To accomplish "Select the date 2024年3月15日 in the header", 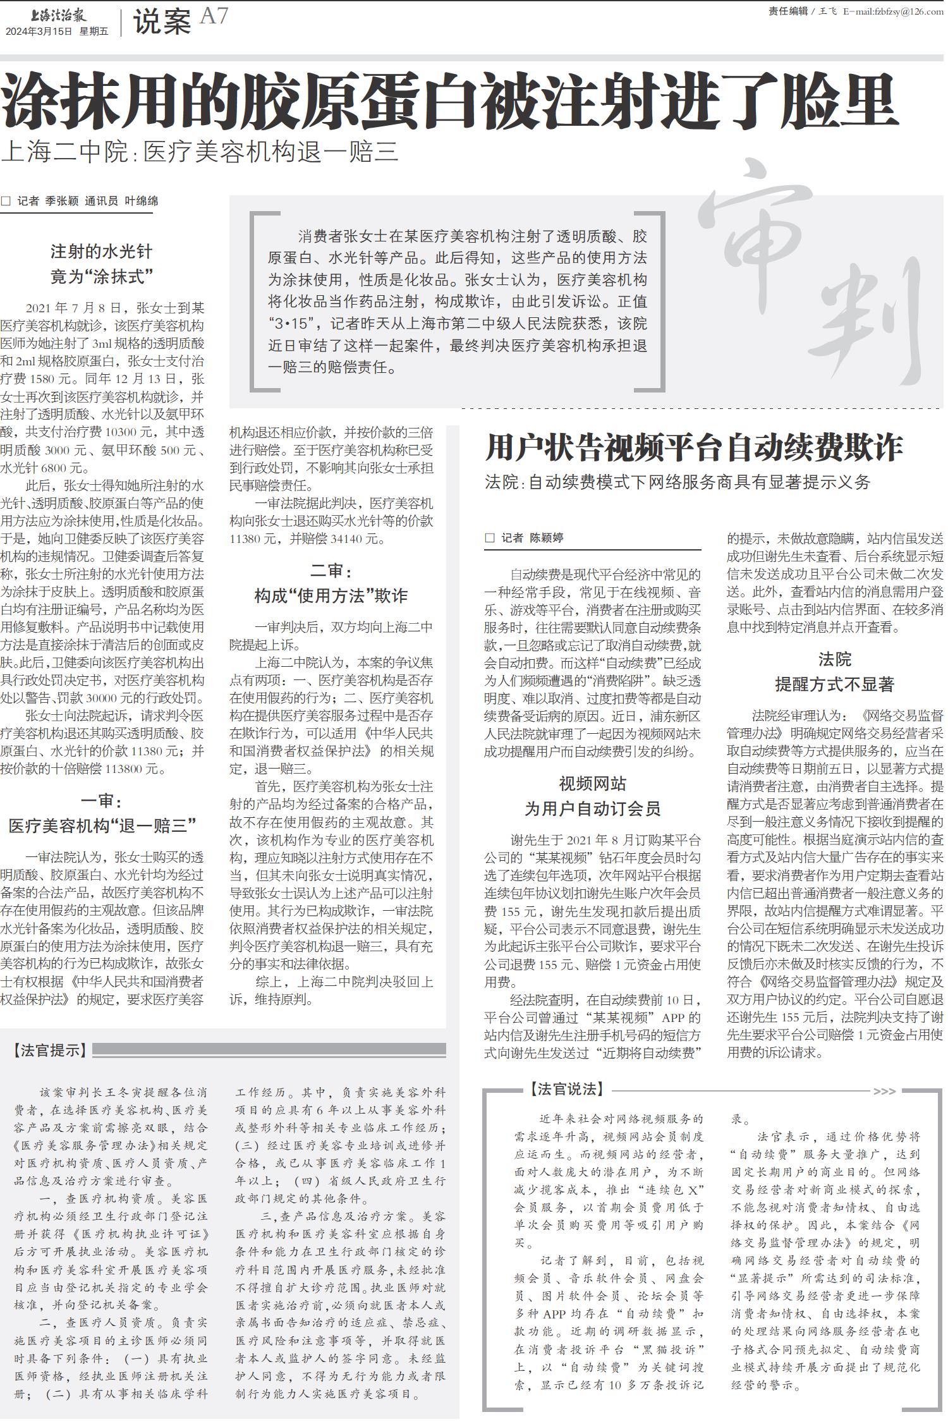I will pos(39,31).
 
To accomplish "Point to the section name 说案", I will pos(162,23).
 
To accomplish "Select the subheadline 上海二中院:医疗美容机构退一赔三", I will pos(200,152).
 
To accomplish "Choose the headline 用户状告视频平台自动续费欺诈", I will pos(693,447).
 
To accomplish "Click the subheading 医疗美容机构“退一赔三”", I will pos(102,825).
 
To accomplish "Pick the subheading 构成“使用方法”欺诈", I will pos(331,595).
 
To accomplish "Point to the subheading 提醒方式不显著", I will pos(834,685).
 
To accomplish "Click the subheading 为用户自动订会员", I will pos(592,808).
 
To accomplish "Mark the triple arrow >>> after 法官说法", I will pos(884,1091).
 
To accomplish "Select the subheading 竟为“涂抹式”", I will pos(102,277).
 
